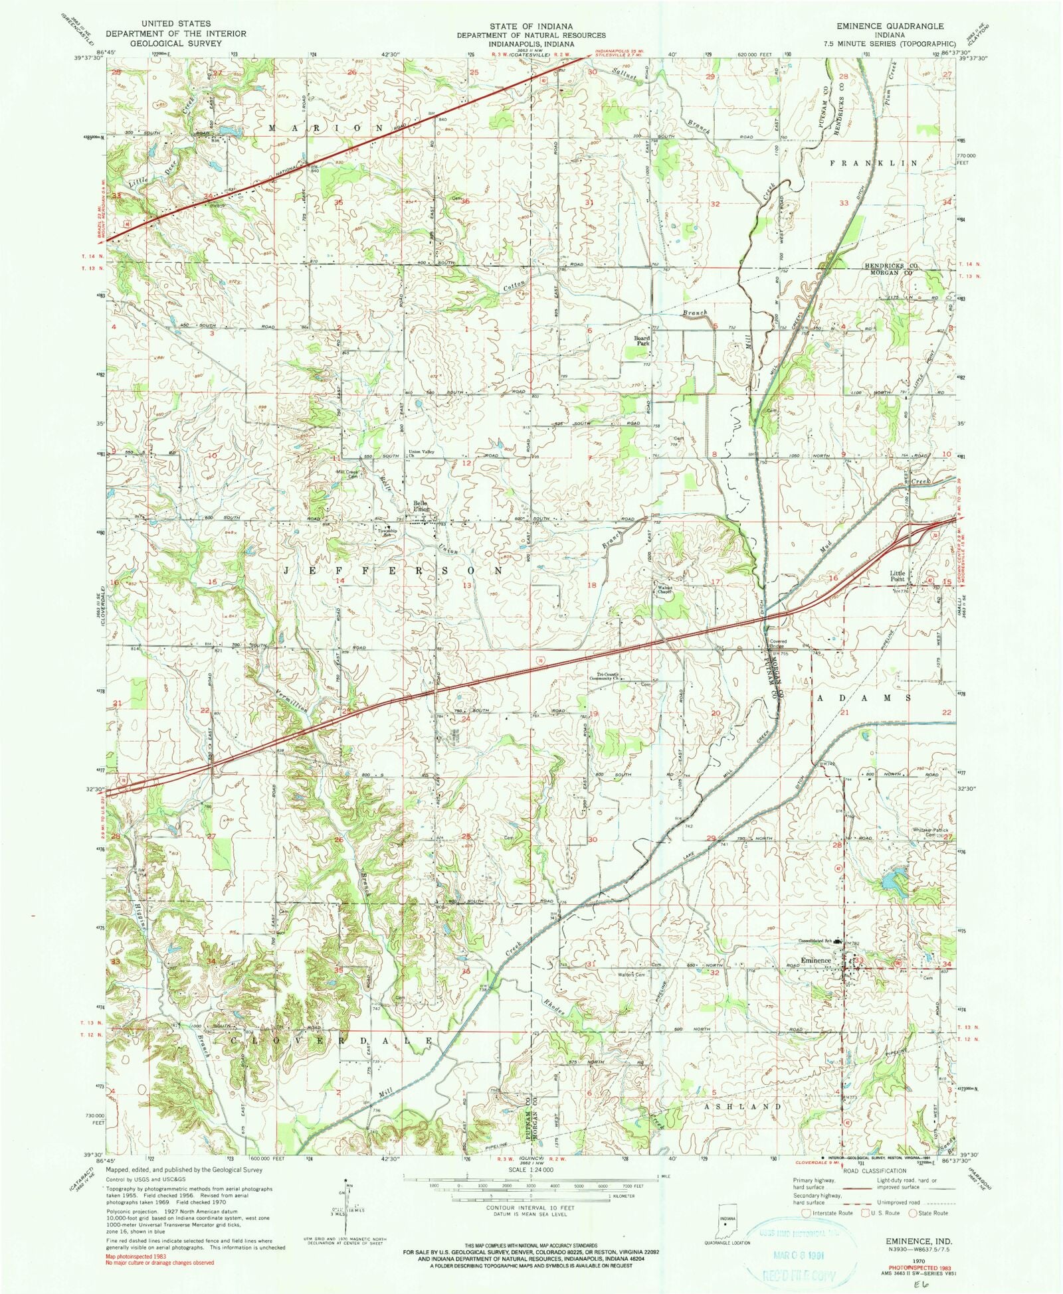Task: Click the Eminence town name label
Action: [x=815, y=961]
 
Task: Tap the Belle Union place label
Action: [x=420, y=506]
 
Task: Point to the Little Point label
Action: [x=898, y=576]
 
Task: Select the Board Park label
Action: [x=641, y=341]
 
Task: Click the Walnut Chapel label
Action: [x=665, y=590]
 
